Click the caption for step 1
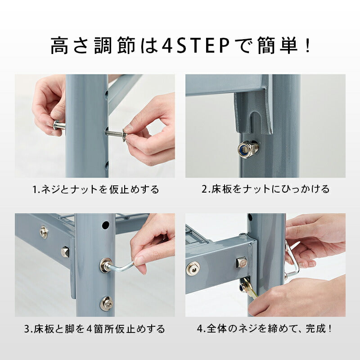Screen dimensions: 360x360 (x=95, y=189)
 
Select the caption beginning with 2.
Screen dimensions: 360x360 (x=265, y=189)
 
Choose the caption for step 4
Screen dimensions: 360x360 (x=265, y=329)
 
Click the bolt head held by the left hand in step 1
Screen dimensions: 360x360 (x=58, y=126)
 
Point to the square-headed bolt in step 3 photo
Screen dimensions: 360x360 (x=65, y=250)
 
